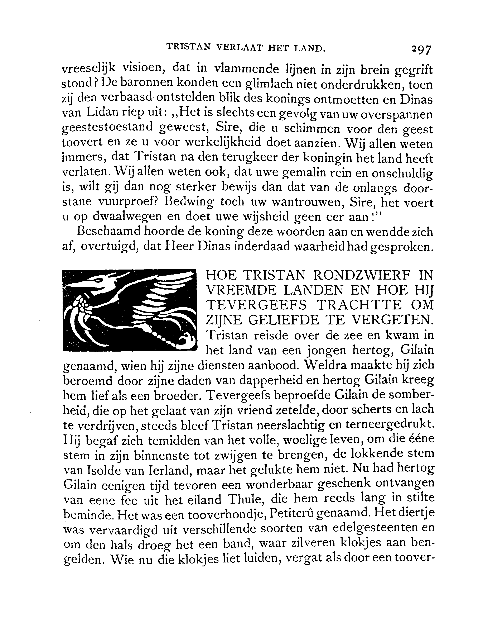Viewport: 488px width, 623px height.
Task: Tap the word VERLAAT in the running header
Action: [x=238, y=47]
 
